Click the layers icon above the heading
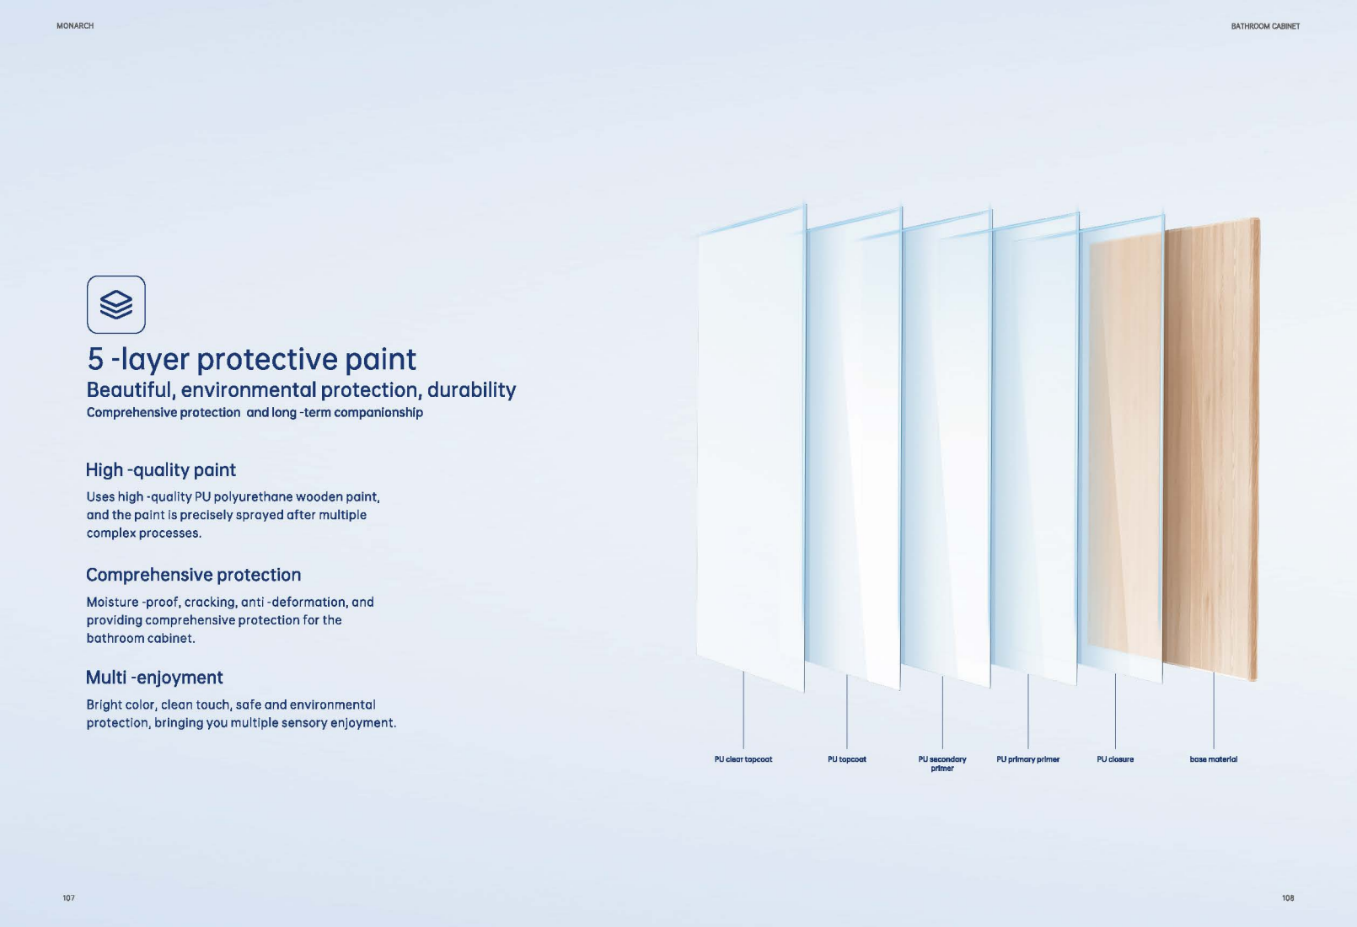pyautogui.click(x=116, y=304)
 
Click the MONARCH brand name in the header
pyautogui.click(x=75, y=26)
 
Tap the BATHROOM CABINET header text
pyautogui.click(x=1264, y=26)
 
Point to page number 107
pyautogui.click(x=68, y=898)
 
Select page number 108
pyautogui.click(x=1287, y=898)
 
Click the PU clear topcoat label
pyautogui.click(x=743, y=759)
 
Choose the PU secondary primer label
pyautogui.click(x=942, y=764)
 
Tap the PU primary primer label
pyautogui.click(x=1027, y=759)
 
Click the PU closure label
pyautogui.click(x=1114, y=759)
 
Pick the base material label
pyautogui.click(x=1213, y=759)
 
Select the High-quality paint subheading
pyautogui.click(x=160, y=470)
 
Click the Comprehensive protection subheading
pyautogui.click(x=193, y=575)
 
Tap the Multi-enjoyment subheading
pyautogui.click(x=154, y=678)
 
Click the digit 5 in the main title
pyautogui.click(x=95, y=360)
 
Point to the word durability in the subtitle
pyautogui.click(x=471, y=390)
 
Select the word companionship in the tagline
pyautogui.click(x=378, y=412)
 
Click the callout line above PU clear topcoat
pyautogui.click(x=743, y=710)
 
